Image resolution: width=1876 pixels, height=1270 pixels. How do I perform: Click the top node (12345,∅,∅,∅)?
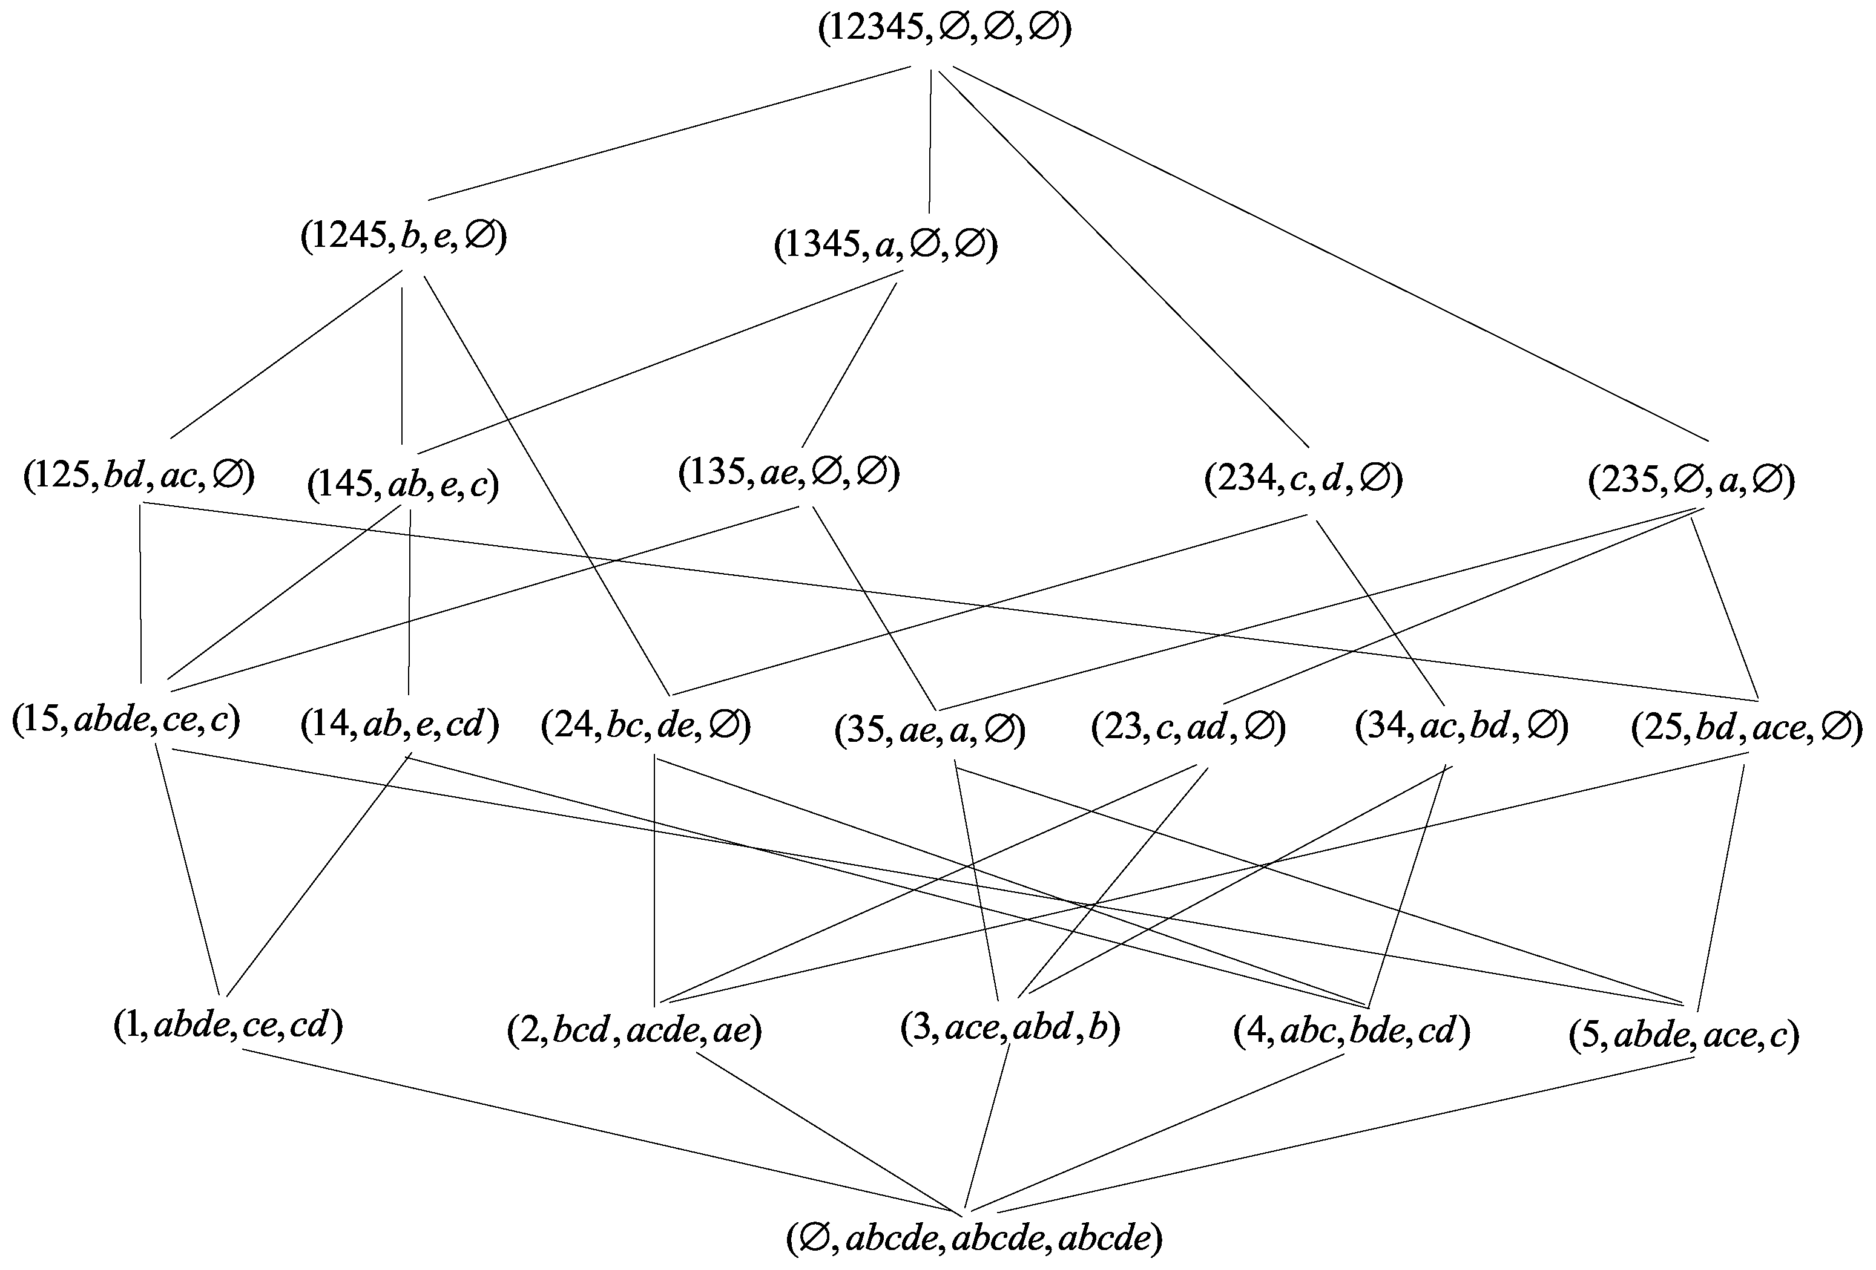point(944,29)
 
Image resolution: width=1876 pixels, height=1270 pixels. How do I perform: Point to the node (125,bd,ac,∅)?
point(139,476)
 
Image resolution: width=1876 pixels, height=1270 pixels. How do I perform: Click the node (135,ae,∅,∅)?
point(789,473)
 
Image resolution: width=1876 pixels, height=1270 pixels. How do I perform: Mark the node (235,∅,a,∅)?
point(1691,481)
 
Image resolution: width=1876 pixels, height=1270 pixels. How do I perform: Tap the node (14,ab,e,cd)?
point(400,725)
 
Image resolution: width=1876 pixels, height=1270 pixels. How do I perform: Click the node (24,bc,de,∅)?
point(646,726)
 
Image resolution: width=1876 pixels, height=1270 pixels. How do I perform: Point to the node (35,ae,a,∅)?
point(930,730)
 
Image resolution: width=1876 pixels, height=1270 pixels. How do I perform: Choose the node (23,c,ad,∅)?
point(1188,728)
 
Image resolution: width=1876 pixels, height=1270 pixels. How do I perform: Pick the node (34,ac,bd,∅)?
point(1461,726)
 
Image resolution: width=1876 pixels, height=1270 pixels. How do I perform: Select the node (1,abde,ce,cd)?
point(228,1025)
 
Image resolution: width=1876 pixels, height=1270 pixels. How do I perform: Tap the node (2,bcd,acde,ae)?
point(634,1031)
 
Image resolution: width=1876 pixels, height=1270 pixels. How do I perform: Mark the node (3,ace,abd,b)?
point(1010,1028)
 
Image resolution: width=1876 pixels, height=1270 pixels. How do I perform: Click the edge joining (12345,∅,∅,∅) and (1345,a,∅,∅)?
point(930,141)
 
